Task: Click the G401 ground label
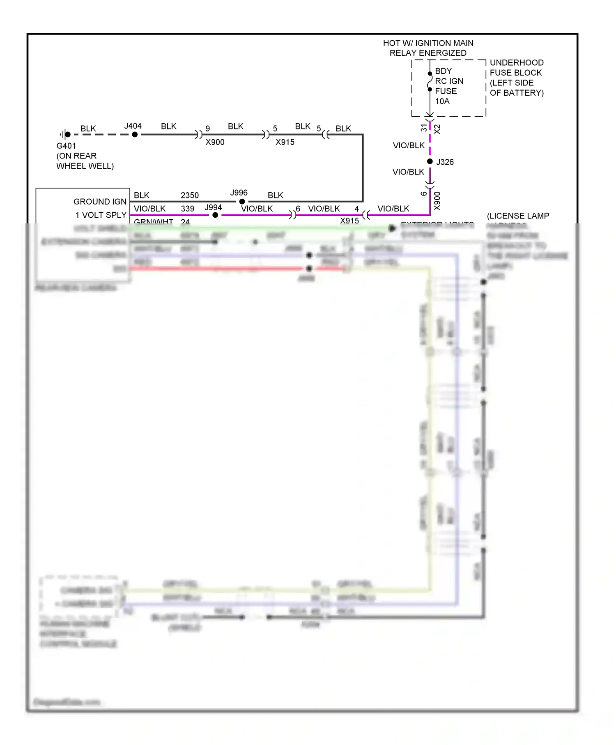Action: point(66,146)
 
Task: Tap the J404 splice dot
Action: point(135,134)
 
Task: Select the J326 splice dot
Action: point(430,161)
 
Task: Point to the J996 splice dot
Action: point(242,202)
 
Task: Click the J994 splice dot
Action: point(215,215)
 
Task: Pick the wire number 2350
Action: point(189,195)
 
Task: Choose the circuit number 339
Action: point(187,209)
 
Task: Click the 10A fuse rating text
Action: point(442,101)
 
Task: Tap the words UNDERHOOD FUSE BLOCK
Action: point(516,68)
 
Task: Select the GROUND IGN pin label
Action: point(100,202)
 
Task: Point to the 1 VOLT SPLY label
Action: point(101,215)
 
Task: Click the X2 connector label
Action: point(437,129)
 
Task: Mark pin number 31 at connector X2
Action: point(424,128)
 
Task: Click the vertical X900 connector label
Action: point(437,201)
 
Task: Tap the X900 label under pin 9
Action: point(215,142)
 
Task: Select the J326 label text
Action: point(445,162)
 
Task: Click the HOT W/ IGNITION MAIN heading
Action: point(428,43)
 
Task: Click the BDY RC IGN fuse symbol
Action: point(430,82)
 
